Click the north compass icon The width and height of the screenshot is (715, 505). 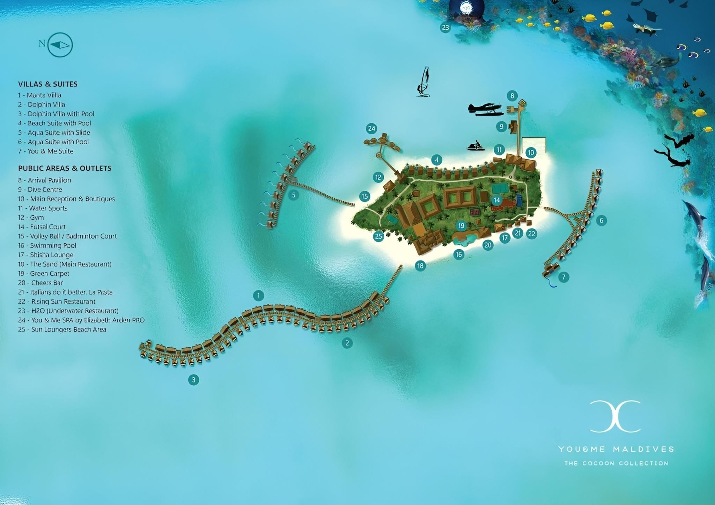pos(60,45)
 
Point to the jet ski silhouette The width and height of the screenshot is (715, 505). pos(476,146)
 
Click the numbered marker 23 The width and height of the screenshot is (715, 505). pos(445,28)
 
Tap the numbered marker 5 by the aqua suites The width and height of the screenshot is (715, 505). pos(294,195)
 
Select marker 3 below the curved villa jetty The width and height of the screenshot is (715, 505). pos(193,380)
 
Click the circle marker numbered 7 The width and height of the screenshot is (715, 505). pos(563,277)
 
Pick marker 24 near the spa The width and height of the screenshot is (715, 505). pos(371,129)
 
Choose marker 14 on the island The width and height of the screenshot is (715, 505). pos(496,200)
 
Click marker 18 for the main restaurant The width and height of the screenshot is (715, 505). pos(420,266)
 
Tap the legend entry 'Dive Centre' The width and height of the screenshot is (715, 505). pos(40,190)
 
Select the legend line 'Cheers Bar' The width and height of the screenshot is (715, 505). pos(40,283)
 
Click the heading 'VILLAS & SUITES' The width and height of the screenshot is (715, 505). pos(48,84)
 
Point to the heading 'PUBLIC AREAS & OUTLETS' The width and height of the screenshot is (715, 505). pos(65,168)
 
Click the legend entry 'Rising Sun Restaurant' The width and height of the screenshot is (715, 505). pos(57,302)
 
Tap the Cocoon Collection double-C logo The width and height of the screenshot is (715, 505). pos(615,416)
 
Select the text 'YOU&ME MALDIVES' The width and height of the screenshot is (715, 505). pos(616,449)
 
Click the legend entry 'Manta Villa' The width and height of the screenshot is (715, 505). pos(39,95)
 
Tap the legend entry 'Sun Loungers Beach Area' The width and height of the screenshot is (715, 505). pos(62,329)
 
